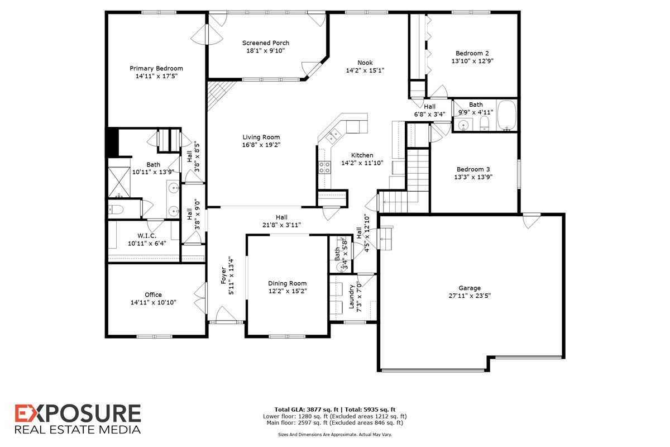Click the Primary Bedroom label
(x=156, y=68)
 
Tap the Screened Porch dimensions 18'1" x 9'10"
(x=265, y=51)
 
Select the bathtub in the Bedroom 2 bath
(x=506, y=115)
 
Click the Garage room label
(x=470, y=288)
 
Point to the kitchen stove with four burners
(x=324, y=168)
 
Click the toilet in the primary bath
(x=116, y=210)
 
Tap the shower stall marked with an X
(x=119, y=182)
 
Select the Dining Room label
(x=287, y=283)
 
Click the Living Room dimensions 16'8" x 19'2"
(x=261, y=145)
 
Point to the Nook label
(x=365, y=63)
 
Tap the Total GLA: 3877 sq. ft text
(x=307, y=410)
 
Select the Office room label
(x=153, y=294)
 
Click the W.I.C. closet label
(x=147, y=236)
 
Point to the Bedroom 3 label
(x=473, y=169)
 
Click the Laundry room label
(x=351, y=296)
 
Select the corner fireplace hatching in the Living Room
(x=220, y=94)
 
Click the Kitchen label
(x=362, y=155)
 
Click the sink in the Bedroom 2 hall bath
(x=463, y=125)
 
